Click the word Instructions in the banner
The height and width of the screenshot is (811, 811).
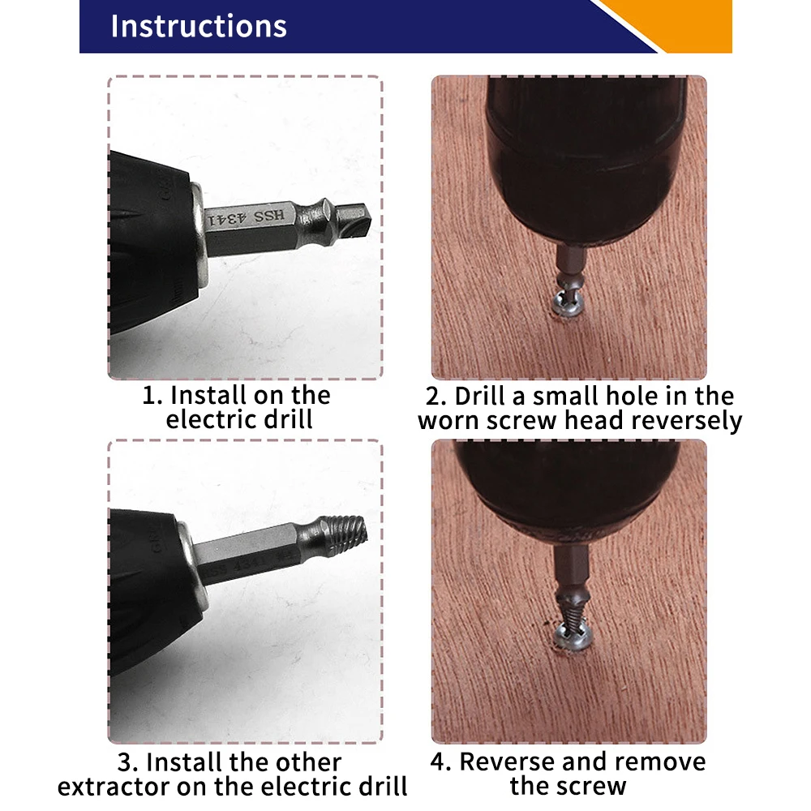click(x=199, y=26)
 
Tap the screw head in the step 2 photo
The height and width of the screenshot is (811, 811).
click(x=565, y=307)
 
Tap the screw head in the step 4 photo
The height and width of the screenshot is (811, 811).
click(x=571, y=637)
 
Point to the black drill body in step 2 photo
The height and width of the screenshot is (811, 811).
click(x=584, y=154)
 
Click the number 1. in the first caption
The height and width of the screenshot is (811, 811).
click(x=153, y=396)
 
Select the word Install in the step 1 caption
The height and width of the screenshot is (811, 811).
click(x=208, y=396)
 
